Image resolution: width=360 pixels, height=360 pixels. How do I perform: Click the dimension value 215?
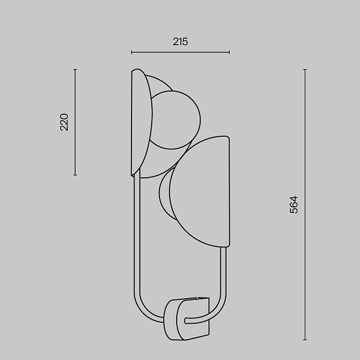[180, 42]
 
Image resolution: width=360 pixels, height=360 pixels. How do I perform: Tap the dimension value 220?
[64, 122]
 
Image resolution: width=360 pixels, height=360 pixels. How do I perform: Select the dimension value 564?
[294, 205]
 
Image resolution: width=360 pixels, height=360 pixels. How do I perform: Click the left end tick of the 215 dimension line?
[132, 52]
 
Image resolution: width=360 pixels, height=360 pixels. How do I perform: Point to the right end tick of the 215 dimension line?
[229, 52]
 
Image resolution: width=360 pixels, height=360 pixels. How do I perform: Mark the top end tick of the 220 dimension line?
[75, 69]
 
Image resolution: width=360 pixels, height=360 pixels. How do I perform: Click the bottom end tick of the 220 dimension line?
[75, 175]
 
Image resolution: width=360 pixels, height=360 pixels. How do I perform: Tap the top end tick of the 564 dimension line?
[305, 69]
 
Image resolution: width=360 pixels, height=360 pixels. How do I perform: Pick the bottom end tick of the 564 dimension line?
[305, 340]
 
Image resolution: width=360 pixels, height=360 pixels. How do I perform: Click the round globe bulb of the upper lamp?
[176, 120]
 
